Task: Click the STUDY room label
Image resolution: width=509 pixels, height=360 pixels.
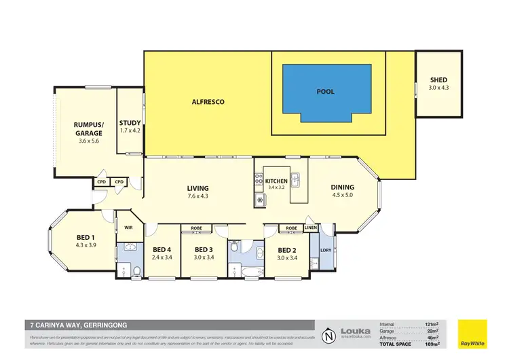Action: pyautogui.click(x=130, y=123)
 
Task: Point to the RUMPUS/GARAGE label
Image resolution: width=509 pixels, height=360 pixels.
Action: pyautogui.click(x=89, y=129)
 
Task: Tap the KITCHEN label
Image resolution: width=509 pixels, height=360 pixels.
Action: pyautogui.click(x=276, y=181)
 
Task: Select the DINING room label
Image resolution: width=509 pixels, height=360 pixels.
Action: pyautogui.click(x=342, y=187)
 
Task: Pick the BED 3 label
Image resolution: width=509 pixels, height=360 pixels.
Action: pyautogui.click(x=204, y=249)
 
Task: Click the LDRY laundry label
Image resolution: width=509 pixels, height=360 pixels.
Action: pyautogui.click(x=325, y=251)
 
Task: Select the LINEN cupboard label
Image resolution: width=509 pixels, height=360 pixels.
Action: pyautogui.click(x=310, y=228)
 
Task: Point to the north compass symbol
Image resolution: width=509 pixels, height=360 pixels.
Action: pyautogui.click(x=328, y=335)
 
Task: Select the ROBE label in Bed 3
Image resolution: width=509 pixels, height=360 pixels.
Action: pyautogui.click(x=198, y=228)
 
